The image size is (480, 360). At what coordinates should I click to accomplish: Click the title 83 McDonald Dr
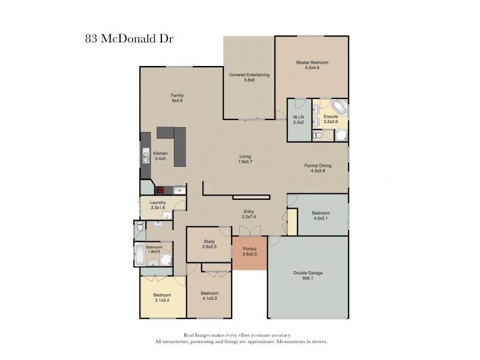coord(129,39)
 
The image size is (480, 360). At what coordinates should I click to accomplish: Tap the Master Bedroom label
coord(312,65)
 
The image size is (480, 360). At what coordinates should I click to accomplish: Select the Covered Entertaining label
coord(249,77)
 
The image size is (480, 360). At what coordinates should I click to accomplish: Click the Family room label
coord(177,98)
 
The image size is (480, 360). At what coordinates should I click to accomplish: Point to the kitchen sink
coord(146,155)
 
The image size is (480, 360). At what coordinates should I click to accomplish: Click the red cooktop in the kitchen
coord(160,190)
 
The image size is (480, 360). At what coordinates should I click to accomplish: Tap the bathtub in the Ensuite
coord(340,107)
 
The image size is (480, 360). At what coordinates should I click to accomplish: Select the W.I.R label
coord(298,119)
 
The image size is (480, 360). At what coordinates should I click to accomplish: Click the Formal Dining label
coord(318,168)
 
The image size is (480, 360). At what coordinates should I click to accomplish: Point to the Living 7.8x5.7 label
coord(245,159)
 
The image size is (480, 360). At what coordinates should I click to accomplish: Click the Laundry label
coord(158,205)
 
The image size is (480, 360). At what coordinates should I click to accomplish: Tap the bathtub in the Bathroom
coord(139,254)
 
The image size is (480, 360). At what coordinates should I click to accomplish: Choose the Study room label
coord(209,244)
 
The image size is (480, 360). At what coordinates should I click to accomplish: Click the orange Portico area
coord(250,253)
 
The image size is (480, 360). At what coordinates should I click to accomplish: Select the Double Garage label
coord(308,275)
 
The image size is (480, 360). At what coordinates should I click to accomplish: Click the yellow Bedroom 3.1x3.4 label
coord(162,298)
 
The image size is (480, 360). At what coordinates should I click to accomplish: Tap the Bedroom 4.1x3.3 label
coord(209,296)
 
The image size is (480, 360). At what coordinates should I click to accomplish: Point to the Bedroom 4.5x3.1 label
coord(321,215)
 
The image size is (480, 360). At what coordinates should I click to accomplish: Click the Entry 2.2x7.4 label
coord(249,214)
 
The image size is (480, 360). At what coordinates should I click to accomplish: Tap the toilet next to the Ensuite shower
coord(317,134)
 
